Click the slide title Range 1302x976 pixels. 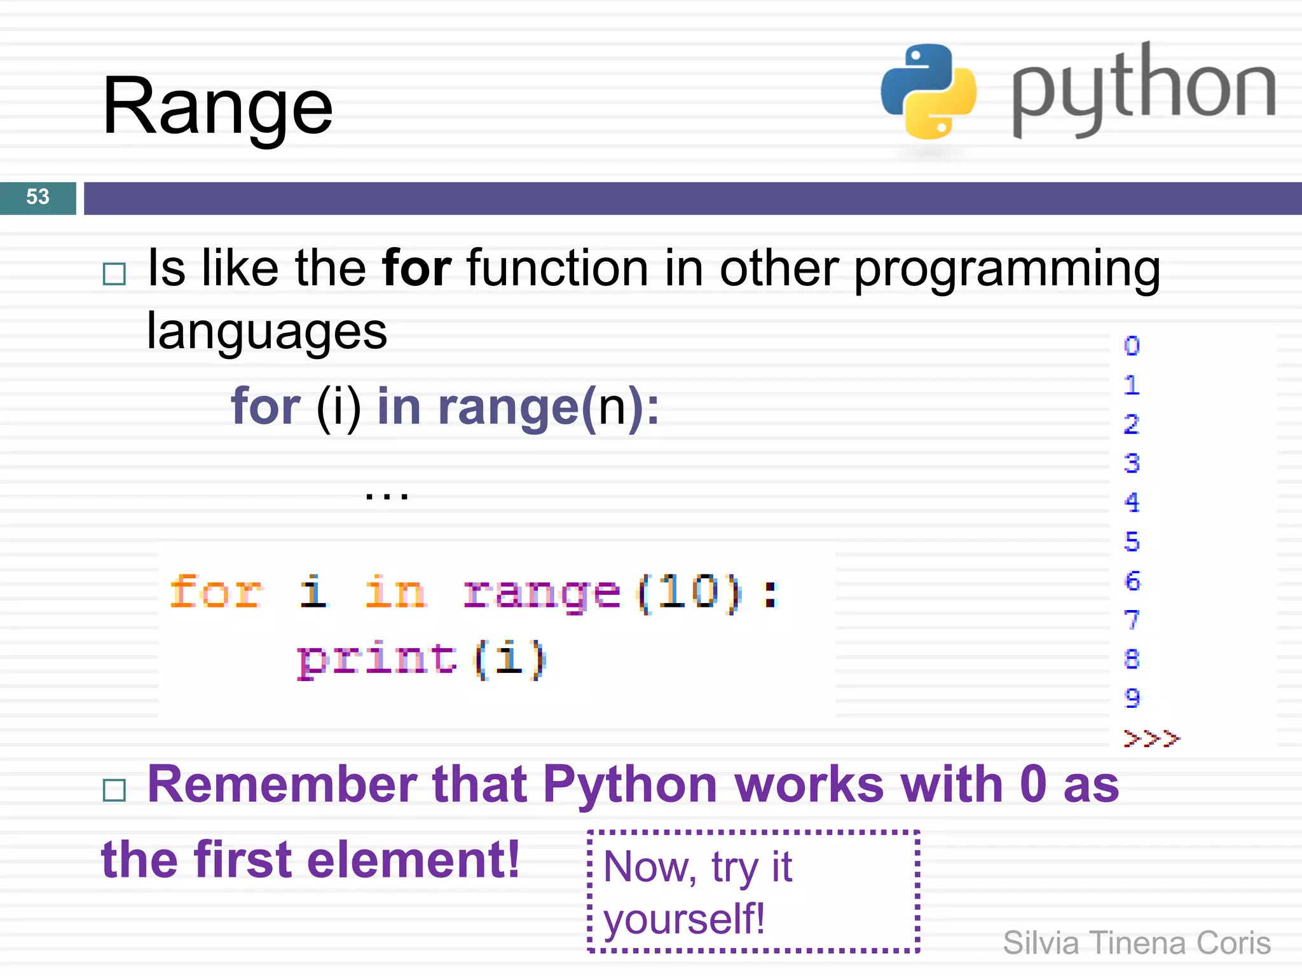point(217,107)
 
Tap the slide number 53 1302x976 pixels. point(38,197)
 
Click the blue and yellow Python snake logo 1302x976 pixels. point(928,91)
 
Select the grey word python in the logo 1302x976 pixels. point(1143,89)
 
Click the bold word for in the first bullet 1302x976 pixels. point(416,269)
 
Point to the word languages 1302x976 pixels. point(267,332)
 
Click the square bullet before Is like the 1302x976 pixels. point(114,274)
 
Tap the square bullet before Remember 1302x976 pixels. point(114,790)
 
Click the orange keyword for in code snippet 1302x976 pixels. point(216,592)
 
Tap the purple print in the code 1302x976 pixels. point(376,660)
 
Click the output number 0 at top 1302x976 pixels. point(1132,346)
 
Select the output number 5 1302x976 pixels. point(1132,542)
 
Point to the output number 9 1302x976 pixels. point(1132,698)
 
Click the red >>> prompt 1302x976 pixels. point(1151,738)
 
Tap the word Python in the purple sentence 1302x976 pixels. point(629,785)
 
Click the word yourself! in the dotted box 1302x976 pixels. point(684,919)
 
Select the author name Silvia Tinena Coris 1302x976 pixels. point(1137,943)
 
